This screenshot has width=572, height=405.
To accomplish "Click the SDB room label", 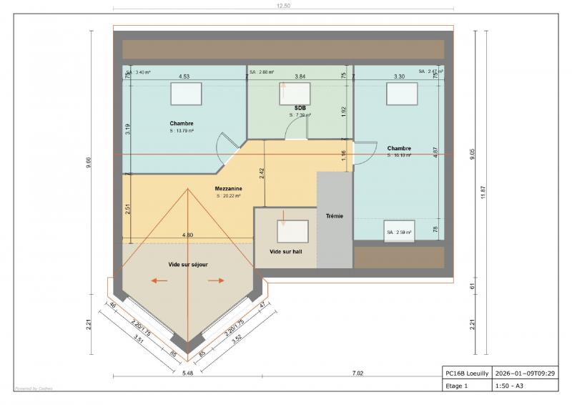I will [x=300, y=107].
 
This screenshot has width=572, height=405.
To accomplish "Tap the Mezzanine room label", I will [x=228, y=189].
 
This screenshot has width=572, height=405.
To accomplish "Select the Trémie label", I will [x=334, y=215].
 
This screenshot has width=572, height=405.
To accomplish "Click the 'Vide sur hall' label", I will [x=285, y=252].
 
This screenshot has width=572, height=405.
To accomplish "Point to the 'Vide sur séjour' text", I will [x=188, y=264].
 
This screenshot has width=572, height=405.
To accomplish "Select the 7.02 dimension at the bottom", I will [x=357, y=374].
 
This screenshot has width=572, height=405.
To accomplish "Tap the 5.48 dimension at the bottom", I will [x=187, y=374].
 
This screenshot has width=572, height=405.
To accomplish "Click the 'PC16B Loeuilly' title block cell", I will [x=465, y=373].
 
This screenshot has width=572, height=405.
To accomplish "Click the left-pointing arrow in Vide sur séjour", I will [x=159, y=280].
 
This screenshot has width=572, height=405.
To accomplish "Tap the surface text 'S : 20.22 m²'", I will [x=228, y=195].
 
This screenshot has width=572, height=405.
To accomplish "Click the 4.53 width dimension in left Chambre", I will [x=184, y=76].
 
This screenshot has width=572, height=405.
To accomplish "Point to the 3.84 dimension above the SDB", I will [x=300, y=76].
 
